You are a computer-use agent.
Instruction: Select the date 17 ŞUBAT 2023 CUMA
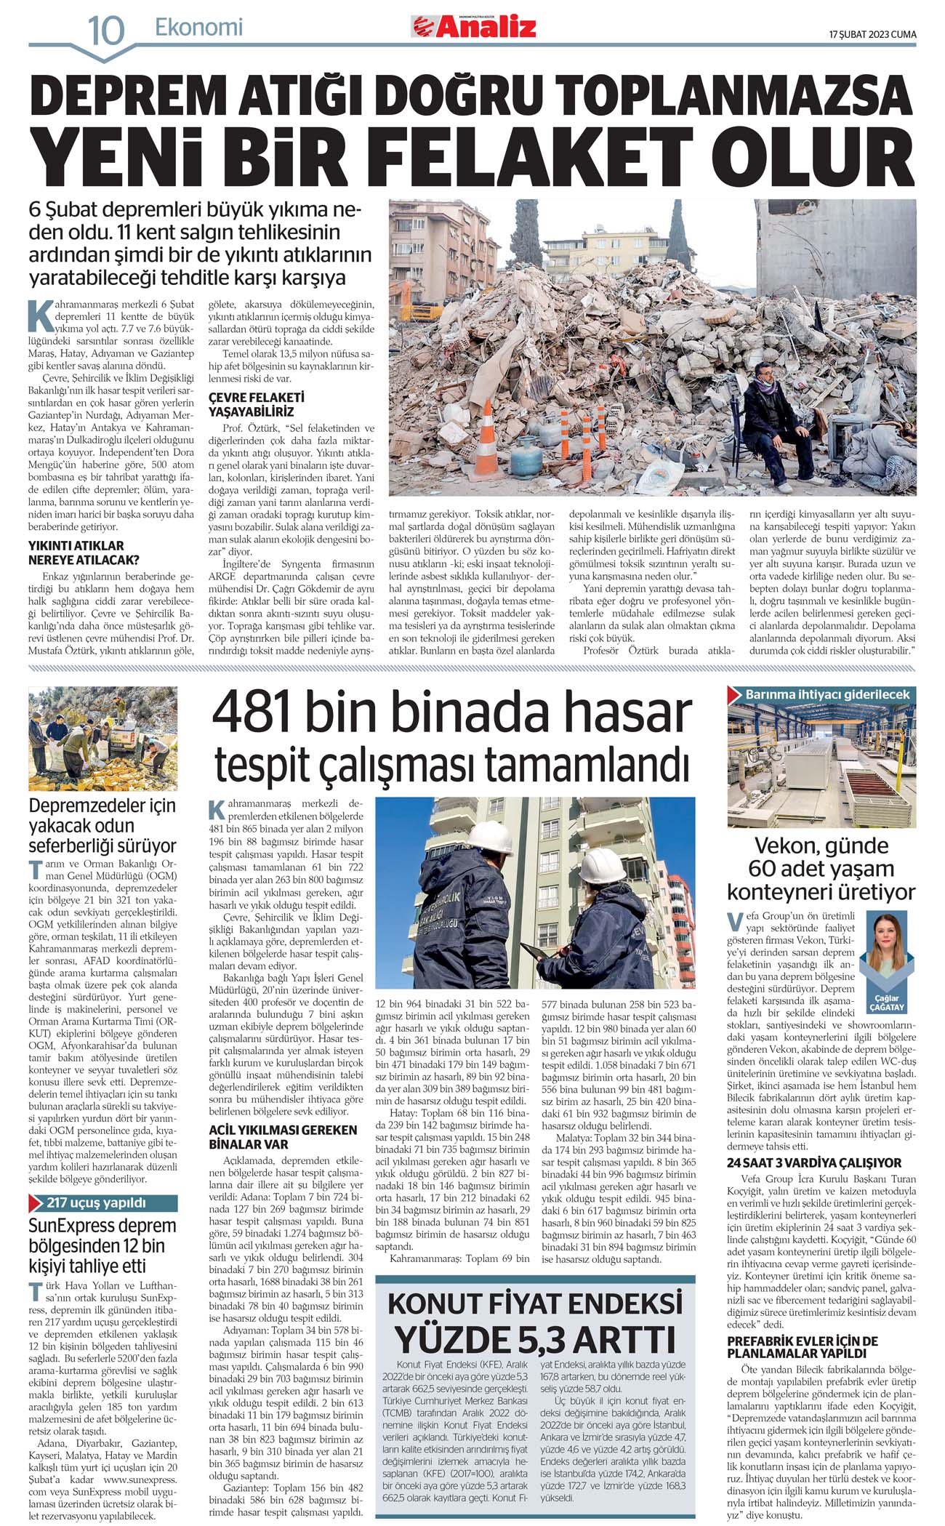pyautogui.click(x=872, y=34)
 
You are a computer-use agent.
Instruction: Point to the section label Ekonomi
pyautogui.click(x=198, y=28)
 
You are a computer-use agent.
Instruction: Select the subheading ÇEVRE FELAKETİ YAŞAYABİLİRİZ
pyautogui.click(x=246, y=404)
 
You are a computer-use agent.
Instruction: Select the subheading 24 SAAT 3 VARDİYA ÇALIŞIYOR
pyautogui.click(x=813, y=1162)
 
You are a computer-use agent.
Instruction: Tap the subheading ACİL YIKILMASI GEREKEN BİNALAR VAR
pyautogui.click(x=283, y=1137)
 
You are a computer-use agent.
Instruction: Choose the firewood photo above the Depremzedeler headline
pyautogui.click(x=102, y=739)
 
